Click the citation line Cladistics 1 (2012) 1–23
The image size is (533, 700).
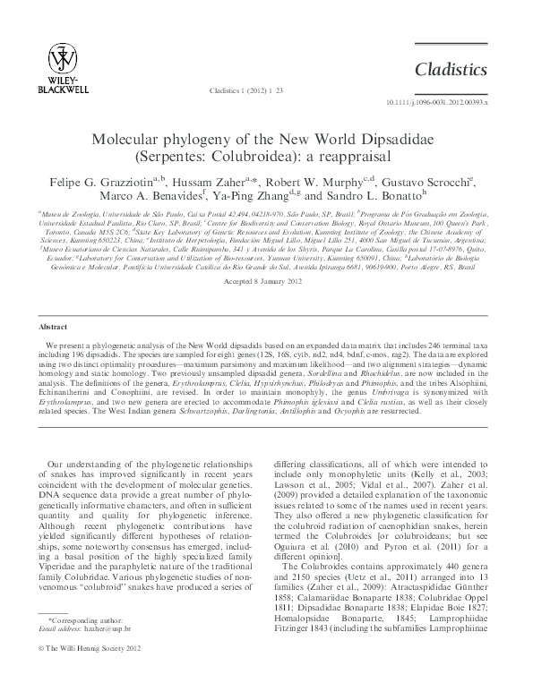point(245,90)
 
